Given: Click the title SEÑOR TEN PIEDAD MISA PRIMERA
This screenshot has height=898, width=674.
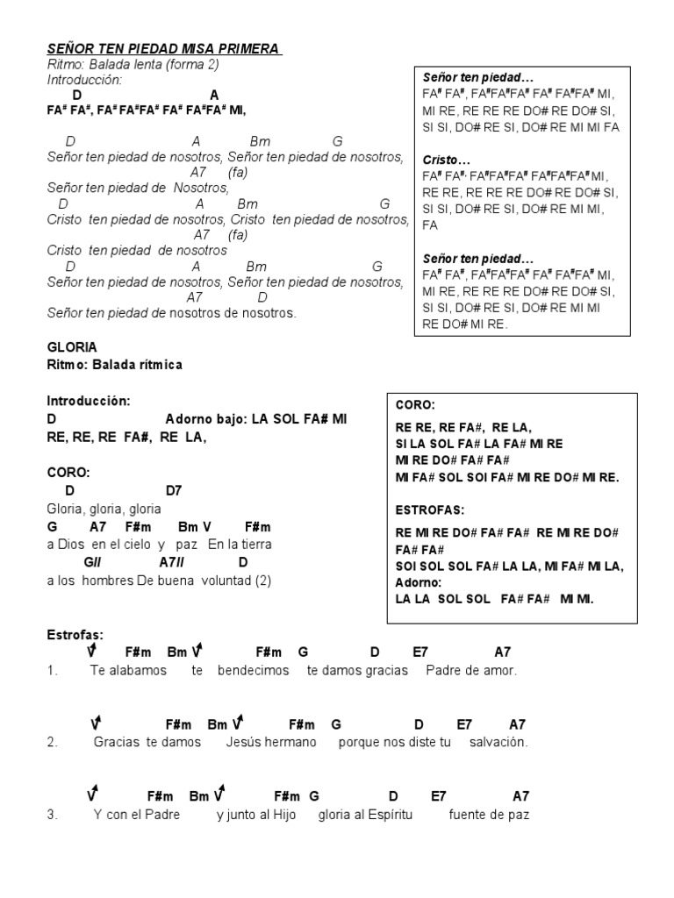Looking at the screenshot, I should click(x=164, y=49).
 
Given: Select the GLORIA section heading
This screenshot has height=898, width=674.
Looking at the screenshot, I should click(x=72, y=347).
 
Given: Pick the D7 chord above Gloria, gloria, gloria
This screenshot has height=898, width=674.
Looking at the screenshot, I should click(x=174, y=490).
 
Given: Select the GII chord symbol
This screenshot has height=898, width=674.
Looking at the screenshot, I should click(x=93, y=561).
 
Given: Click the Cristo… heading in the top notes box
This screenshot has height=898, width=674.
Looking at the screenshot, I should click(x=447, y=160).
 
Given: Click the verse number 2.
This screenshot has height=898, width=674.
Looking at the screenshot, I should click(x=53, y=742).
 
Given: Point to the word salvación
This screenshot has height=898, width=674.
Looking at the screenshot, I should click(x=498, y=742).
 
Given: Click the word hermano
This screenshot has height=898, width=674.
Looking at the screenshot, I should click(x=287, y=742).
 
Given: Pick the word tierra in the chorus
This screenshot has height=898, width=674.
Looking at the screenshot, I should click(x=252, y=544).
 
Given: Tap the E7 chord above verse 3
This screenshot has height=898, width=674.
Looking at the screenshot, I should click(x=438, y=796).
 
